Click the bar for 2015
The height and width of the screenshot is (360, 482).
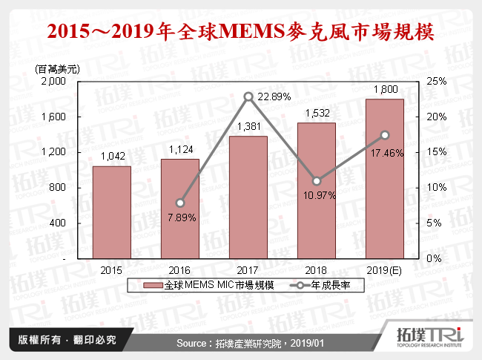pos(111,212)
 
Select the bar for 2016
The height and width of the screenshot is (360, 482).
pos(179,209)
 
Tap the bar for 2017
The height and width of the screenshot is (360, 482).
pos(248,197)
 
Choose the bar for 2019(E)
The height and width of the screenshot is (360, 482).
pos(384,179)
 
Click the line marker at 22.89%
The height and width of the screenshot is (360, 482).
pos(248,96)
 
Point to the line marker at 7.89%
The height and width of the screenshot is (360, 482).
pos(179,203)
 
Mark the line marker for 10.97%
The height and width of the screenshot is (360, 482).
pos(317,180)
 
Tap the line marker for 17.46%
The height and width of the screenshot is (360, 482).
pos(385,134)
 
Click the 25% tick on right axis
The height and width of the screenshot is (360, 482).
pos(436,81)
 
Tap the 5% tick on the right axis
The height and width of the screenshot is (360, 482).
pos(435,223)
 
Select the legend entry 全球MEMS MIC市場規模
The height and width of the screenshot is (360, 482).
pos(211,286)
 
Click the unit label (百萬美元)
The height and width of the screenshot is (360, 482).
pos(58,68)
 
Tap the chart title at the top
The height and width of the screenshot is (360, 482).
pos(240,32)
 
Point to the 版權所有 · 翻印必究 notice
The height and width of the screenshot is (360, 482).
pos(67,340)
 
